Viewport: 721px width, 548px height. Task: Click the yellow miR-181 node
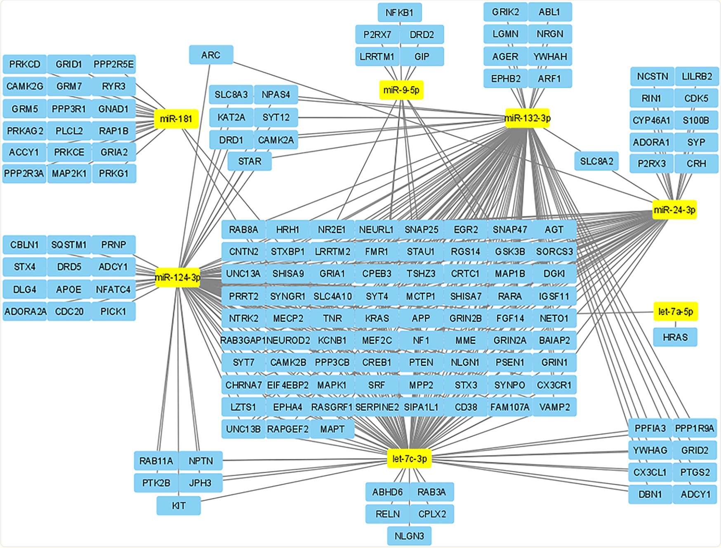tap(176, 119)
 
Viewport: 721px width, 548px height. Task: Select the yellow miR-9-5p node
tap(401, 90)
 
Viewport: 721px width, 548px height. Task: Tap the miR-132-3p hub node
tap(527, 118)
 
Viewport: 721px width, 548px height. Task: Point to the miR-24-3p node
tap(674, 210)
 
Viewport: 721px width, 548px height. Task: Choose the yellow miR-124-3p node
tap(178, 277)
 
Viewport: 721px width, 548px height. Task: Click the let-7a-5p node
tap(675, 311)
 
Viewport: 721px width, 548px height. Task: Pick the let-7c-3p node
tap(409, 459)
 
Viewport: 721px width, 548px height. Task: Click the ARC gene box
tap(211, 55)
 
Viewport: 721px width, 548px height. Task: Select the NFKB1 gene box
tap(399, 13)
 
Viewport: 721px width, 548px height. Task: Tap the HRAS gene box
tap(675, 337)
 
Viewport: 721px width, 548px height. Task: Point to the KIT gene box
tap(179, 506)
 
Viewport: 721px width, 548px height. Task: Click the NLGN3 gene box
tap(409, 536)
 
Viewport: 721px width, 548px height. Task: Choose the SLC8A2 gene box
tap(596, 161)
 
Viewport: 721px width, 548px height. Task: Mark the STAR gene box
tap(250, 161)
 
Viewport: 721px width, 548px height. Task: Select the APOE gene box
tap(69, 289)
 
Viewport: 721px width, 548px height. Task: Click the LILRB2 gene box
tap(697, 76)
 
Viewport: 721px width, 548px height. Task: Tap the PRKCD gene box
tap(25, 64)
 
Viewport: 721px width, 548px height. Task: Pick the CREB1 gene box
tap(377, 363)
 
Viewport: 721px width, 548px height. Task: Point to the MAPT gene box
tap(332, 429)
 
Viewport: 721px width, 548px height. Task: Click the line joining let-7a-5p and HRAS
tap(675, 324)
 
